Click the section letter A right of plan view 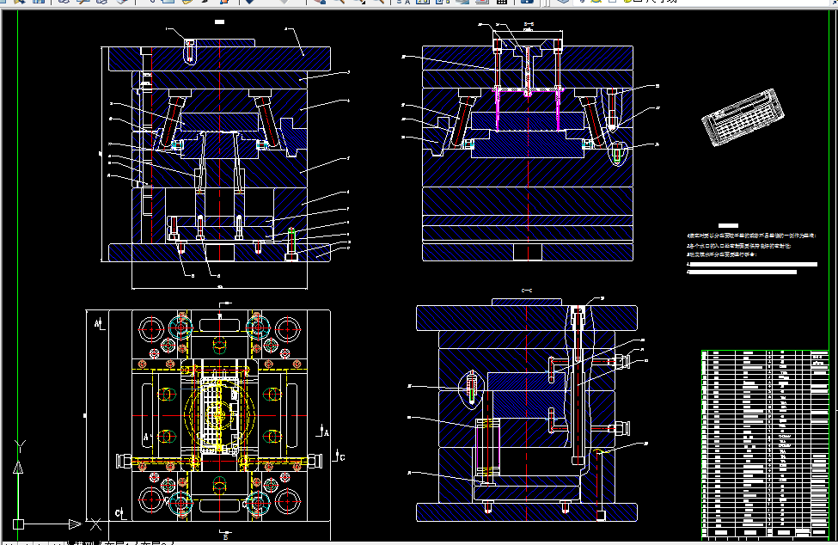325,429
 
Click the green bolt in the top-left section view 291,242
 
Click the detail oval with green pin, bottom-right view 472,387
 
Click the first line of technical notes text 749,234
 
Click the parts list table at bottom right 765,443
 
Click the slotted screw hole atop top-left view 189,50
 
